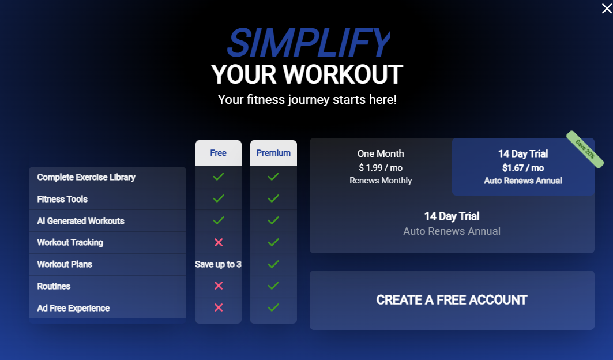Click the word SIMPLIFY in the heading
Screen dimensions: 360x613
(x=309, y=43)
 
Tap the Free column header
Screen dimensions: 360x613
(x=218, y=153)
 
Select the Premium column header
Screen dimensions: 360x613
(x=273, y=153)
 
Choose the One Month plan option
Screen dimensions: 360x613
(x=381, y=167)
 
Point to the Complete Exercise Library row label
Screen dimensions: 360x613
(x=86, y=177)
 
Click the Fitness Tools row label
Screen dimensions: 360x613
(x=62, y=199)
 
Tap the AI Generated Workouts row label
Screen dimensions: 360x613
(x=81, y=221)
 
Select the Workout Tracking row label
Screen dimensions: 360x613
(x=70, y=242)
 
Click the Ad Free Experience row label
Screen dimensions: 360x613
(x=73, y=308)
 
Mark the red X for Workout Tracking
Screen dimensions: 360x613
(x=219, y=242)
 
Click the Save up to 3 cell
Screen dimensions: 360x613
(x=218, y=264)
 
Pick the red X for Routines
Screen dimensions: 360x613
(x=219, y=286)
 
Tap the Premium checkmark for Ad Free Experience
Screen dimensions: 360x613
(x=273, y=307)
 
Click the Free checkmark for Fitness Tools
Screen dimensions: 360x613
(x=219, y=198)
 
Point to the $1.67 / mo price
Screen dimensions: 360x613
(x=523, y=168)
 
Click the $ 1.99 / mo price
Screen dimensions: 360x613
(x=381, y=167)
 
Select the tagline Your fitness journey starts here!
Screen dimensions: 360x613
(x=307, y=99)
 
